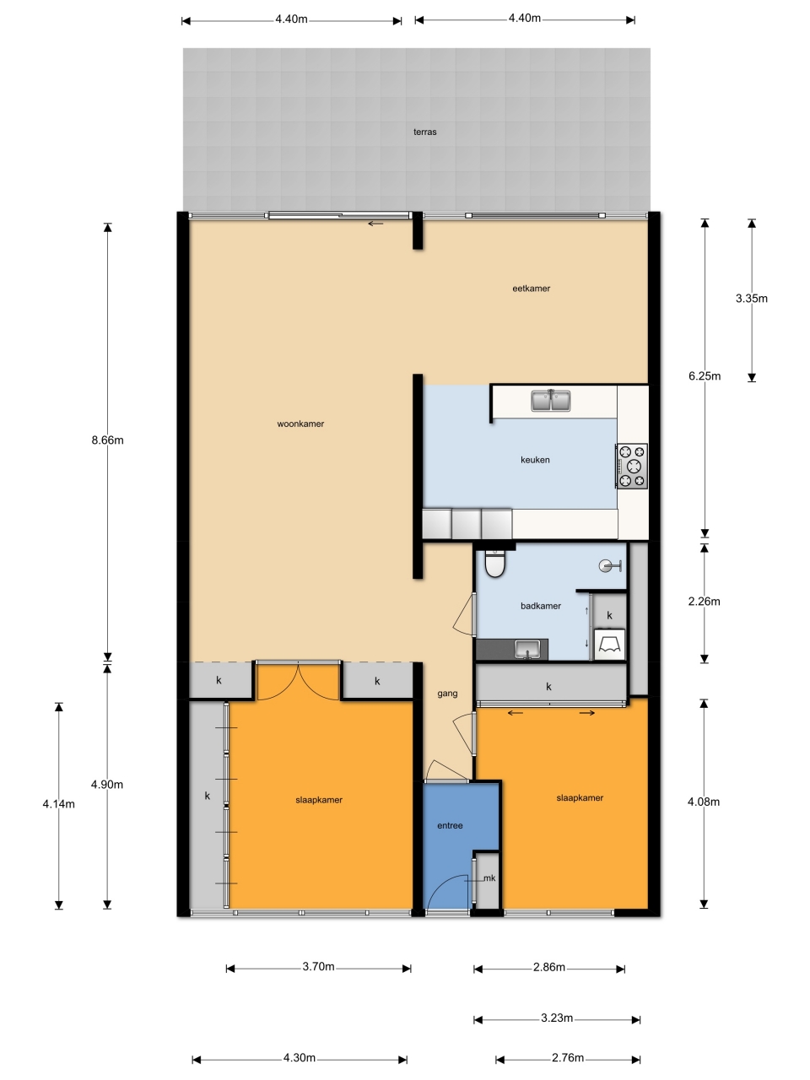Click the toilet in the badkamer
click(494, 563)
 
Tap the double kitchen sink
click(551, 400)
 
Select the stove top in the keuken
click(632, 466)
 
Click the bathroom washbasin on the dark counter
click(527, 649)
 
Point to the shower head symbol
click(610, 566)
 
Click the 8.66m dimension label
click(107, 440)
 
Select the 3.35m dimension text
click(752, 298)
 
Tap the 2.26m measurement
click(705, 602)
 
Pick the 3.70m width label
click(318, 966)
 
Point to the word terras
click(425, 132)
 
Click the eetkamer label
click(532, 289)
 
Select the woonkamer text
click(300, 424)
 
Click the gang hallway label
click(447, 694)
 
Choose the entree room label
click(450, 826)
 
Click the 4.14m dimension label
click(58, 804)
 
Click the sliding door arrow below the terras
click(375, 224)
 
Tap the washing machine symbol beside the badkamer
click(610, 644)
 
